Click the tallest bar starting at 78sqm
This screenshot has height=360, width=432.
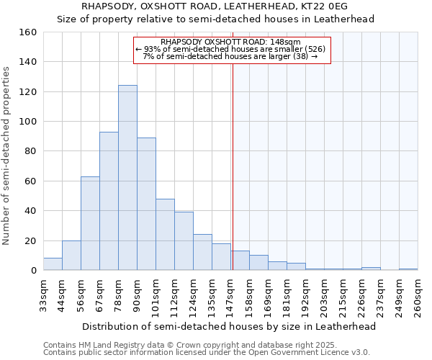[127, 178]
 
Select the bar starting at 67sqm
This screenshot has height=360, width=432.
[109, 201]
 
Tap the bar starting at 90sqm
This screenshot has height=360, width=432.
[146, 204]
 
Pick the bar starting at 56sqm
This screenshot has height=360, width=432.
[90, 223]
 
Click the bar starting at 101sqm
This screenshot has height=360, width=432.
[165, 235]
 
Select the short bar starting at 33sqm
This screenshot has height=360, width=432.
[53, 264]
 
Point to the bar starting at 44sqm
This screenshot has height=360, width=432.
[71, 256]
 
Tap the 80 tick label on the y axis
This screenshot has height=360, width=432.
[31, 151]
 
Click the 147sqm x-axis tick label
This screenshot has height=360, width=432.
[230, 295]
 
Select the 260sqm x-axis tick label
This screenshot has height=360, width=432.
[418, 295]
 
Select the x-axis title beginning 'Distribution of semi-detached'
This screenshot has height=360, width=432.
[228, 327]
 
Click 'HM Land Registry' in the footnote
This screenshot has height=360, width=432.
[114, 345]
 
